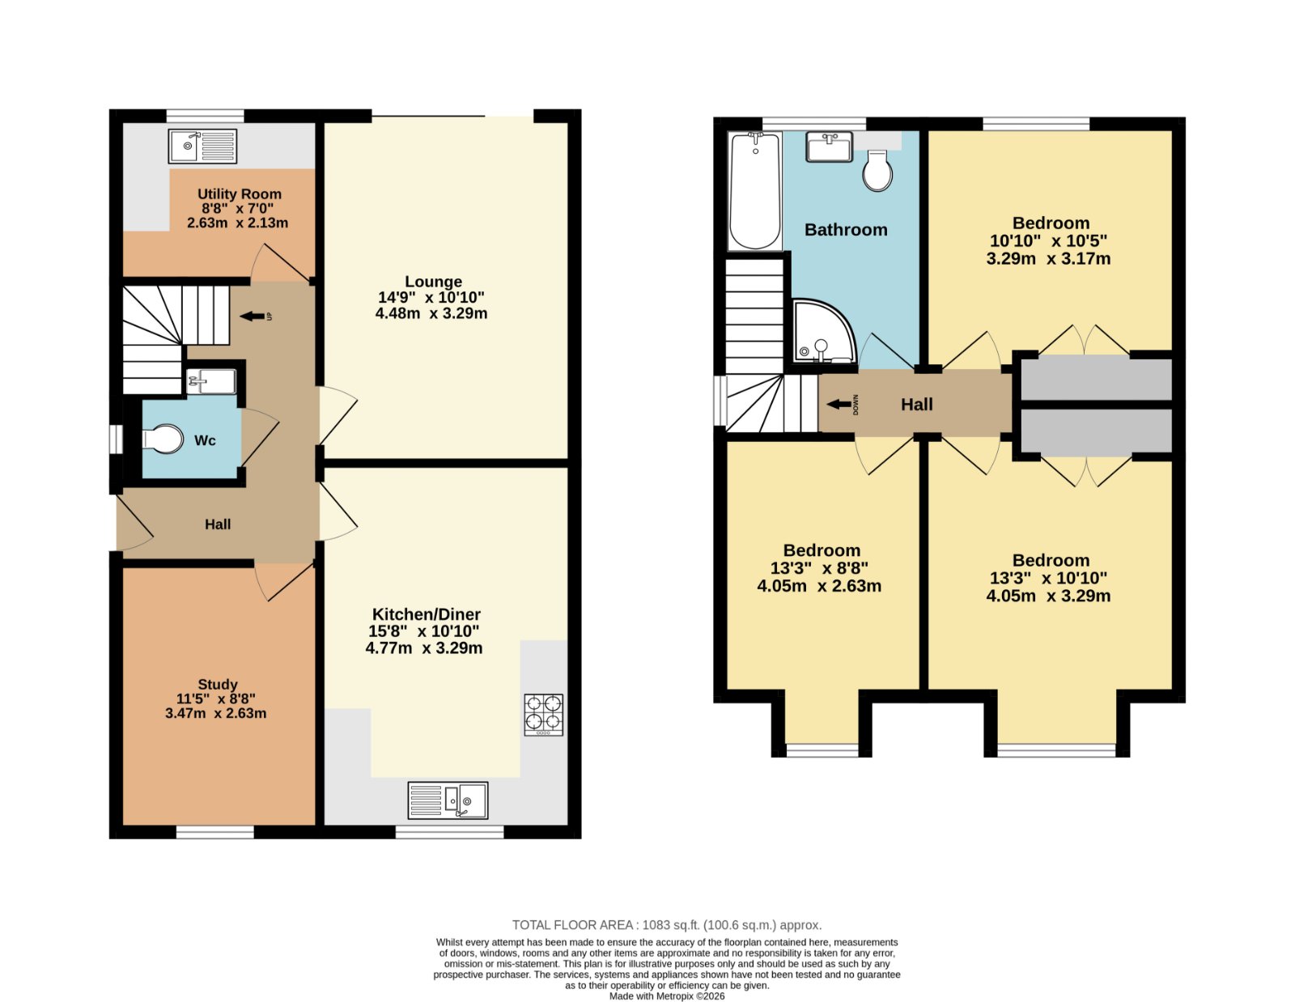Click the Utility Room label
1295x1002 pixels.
click(239, 194)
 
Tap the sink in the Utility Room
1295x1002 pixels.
click(202, 146)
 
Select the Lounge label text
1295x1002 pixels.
click(433, 281)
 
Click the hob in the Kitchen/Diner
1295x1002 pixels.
click(544, 714)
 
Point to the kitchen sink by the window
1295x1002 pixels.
click(448, 800)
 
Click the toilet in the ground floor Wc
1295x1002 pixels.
click(163, 439)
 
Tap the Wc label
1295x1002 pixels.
click(205, 440)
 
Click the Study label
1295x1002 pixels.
click(218, 684)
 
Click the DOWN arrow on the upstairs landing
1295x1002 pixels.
click(839, 405)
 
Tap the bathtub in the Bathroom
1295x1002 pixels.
click(755, 191)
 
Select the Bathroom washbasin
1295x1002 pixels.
click(829, 146)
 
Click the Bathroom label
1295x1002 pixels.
click(846, 229)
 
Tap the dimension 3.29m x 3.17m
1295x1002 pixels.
click(1048, 258)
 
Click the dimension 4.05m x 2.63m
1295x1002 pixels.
click(819, 586)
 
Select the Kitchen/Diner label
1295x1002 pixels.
click(426, 614)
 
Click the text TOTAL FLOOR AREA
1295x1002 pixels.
click(572, 924)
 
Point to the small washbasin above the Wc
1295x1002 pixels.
click(211, 381)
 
